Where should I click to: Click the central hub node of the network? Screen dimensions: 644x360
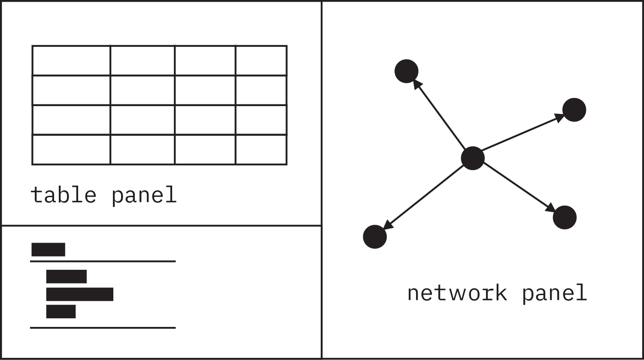[x=473, y=158]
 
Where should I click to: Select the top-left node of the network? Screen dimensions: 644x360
[x=407, y=71]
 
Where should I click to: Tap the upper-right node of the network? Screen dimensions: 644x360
[x=574, y=110]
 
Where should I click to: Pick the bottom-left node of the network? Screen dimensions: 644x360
[x=375, y=237]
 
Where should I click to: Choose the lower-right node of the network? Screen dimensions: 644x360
[x=565, y=217]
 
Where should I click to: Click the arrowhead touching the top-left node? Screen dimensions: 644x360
[x=417, y=85]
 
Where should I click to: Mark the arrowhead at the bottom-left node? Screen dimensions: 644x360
[x=388, y=226]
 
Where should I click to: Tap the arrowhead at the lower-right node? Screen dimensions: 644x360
[x=550, y=208]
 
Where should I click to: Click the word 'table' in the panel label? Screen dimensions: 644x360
[x=63, y=195]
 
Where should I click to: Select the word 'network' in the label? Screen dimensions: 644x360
[x=457, y=293]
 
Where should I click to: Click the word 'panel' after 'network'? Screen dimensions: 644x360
[x=554, y=293]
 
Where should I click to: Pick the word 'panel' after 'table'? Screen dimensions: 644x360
[x=144, y=196]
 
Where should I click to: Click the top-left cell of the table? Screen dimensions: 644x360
[x=71, y=61]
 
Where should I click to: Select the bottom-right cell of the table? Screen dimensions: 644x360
[x=261, y=149]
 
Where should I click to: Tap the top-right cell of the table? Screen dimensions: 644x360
[x=261, y=61]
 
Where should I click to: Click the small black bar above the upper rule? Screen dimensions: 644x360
[x=48, y=250]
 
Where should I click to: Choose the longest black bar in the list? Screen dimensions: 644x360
[x=80, y=294]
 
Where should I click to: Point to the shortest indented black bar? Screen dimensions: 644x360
[x=61, y=311]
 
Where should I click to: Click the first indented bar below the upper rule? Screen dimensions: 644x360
[x=67, y=277]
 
